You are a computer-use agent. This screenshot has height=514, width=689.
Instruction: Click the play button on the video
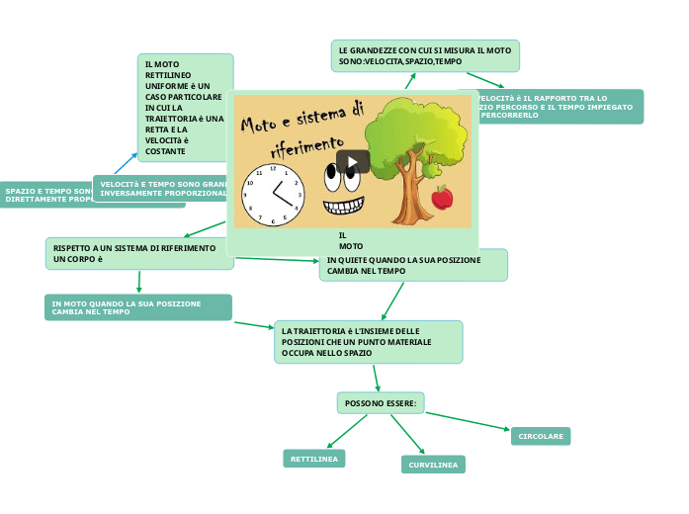[x=353, y=161]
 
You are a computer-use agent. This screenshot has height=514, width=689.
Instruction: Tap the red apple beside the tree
[x=442, y=198]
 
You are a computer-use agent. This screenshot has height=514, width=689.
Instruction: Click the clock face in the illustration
[x=273, y=195]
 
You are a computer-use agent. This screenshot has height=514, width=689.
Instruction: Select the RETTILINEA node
[x=313, y=459]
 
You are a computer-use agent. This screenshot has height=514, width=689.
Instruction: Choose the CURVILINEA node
[x=433, y=465]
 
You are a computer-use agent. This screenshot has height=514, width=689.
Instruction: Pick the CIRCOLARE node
[x=541, y=436]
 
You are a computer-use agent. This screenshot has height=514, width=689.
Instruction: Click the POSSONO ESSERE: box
[x=381, y=402]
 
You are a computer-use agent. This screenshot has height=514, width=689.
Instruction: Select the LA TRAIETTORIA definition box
[x=369, y=342]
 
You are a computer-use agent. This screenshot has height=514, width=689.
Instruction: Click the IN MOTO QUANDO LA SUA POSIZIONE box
[x=138, y=307]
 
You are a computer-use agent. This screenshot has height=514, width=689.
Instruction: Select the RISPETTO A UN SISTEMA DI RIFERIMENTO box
[x=139, y=253]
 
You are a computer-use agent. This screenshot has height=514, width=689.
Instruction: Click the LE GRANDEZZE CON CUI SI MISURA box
[x=425, y=55]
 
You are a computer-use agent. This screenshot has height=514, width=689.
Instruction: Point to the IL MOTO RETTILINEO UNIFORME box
[x=185, y=107]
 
